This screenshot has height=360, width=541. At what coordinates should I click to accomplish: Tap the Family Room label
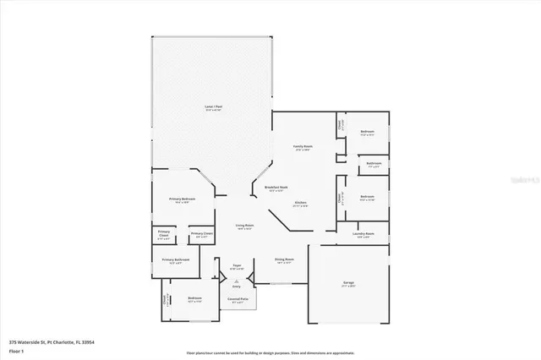[303, 146]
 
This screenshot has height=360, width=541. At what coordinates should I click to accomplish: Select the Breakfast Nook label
[276, 188]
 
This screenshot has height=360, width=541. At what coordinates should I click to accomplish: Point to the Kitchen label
[300, 203]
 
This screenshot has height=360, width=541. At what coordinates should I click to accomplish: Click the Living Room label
[245, 226]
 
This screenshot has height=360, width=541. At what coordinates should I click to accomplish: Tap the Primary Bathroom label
[174, 260]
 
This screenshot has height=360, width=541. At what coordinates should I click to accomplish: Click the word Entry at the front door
[238, 286]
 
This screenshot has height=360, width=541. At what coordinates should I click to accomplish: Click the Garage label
[348, 285]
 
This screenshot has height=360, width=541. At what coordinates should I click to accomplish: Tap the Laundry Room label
[365, 233]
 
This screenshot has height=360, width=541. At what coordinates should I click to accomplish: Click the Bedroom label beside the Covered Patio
[194, 299]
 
